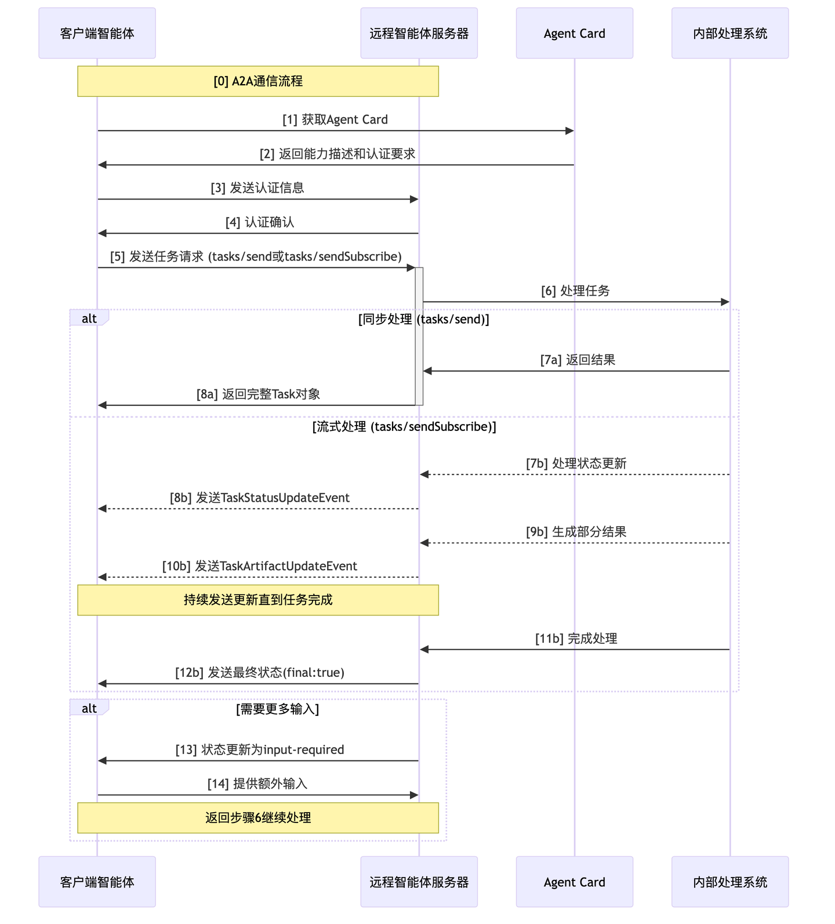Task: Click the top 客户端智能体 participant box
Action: point(97,33)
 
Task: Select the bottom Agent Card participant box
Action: point(574,882)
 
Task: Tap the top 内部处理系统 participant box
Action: point(729,33)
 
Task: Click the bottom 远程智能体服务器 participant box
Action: point(419,882)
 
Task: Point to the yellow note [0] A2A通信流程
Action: point(258,81)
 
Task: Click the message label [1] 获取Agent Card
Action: point(335,119)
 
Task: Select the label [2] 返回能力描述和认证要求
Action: point(337,154)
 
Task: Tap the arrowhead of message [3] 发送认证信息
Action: point(414,199)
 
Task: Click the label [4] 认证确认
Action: point(260,222)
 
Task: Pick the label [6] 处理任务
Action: point(575,291)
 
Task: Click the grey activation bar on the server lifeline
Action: point(419,336)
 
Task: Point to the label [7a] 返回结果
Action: point(578,360)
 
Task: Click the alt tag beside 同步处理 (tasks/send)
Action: point(89,318)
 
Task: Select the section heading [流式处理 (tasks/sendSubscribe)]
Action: point(404,427)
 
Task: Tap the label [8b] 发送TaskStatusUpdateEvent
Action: point(260,498)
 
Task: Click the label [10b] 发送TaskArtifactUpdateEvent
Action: point(260,566)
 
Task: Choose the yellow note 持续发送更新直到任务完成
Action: point(258,600)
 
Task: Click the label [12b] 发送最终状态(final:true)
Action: point(260,672)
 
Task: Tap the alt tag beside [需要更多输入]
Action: point(89,708)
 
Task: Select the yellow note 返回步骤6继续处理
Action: point(258,818)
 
